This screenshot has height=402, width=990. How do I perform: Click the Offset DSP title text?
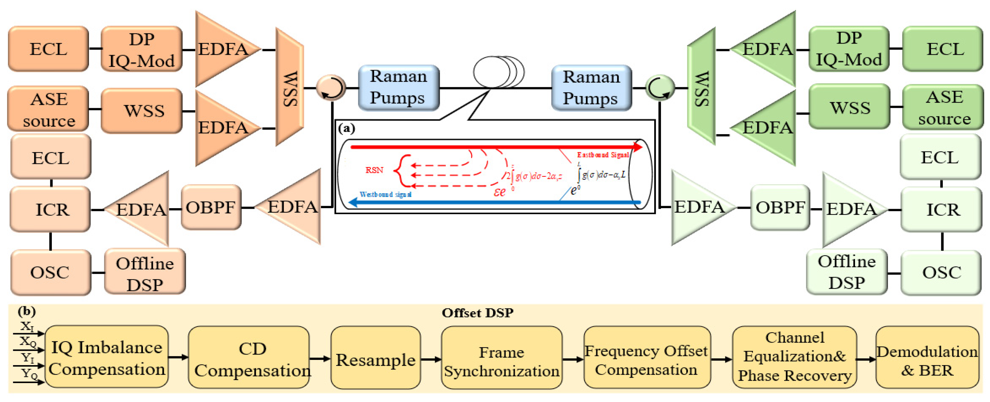point(477,313)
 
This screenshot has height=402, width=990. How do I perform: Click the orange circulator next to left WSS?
point(331,88)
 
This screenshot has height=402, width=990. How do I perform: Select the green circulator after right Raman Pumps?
point(659,88)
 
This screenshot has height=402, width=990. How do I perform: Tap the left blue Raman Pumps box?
point(399,88)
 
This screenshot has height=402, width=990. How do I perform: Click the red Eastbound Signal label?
point(603,155)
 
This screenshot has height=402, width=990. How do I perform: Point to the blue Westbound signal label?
point(385,194)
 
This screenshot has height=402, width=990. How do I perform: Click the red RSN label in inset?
point(374,170)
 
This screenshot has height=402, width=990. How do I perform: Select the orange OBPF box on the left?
point(211,208)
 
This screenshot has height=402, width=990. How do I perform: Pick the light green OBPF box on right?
point(780,208)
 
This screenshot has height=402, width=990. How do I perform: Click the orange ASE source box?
point(48,109)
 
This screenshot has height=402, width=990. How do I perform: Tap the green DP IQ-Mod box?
point(849,49)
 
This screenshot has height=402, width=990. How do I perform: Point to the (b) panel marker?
point(27,311)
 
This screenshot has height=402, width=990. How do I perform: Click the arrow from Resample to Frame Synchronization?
point(431,359)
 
